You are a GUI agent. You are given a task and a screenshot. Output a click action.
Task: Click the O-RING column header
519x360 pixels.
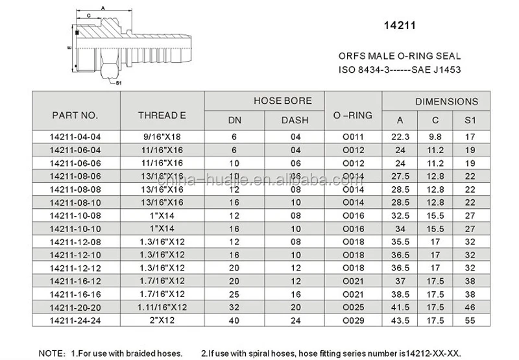click(x=352, y=115)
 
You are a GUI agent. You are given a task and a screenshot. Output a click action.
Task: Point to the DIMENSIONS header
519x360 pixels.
click(x=446, y=101)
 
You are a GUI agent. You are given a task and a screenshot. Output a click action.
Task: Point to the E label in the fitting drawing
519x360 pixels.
click(x=68, y=48)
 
